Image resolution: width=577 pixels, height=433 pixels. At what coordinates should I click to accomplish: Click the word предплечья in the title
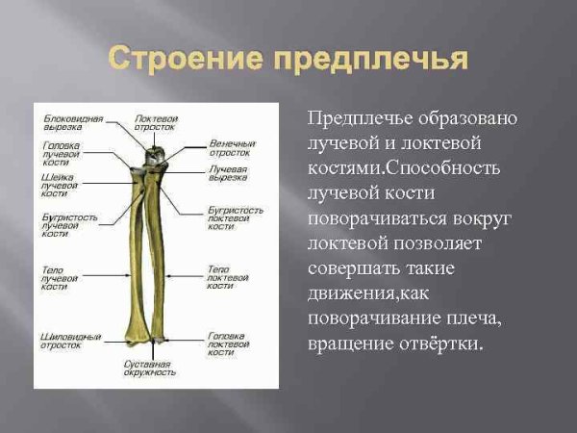371,60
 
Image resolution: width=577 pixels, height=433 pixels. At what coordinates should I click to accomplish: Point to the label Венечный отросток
231,148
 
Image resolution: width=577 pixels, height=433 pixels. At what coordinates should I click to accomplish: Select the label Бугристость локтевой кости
235,217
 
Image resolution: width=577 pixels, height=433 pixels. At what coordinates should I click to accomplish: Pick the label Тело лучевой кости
59,277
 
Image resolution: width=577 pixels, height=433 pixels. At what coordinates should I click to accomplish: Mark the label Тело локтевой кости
228,276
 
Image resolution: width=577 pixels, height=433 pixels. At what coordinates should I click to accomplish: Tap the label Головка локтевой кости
232,344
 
